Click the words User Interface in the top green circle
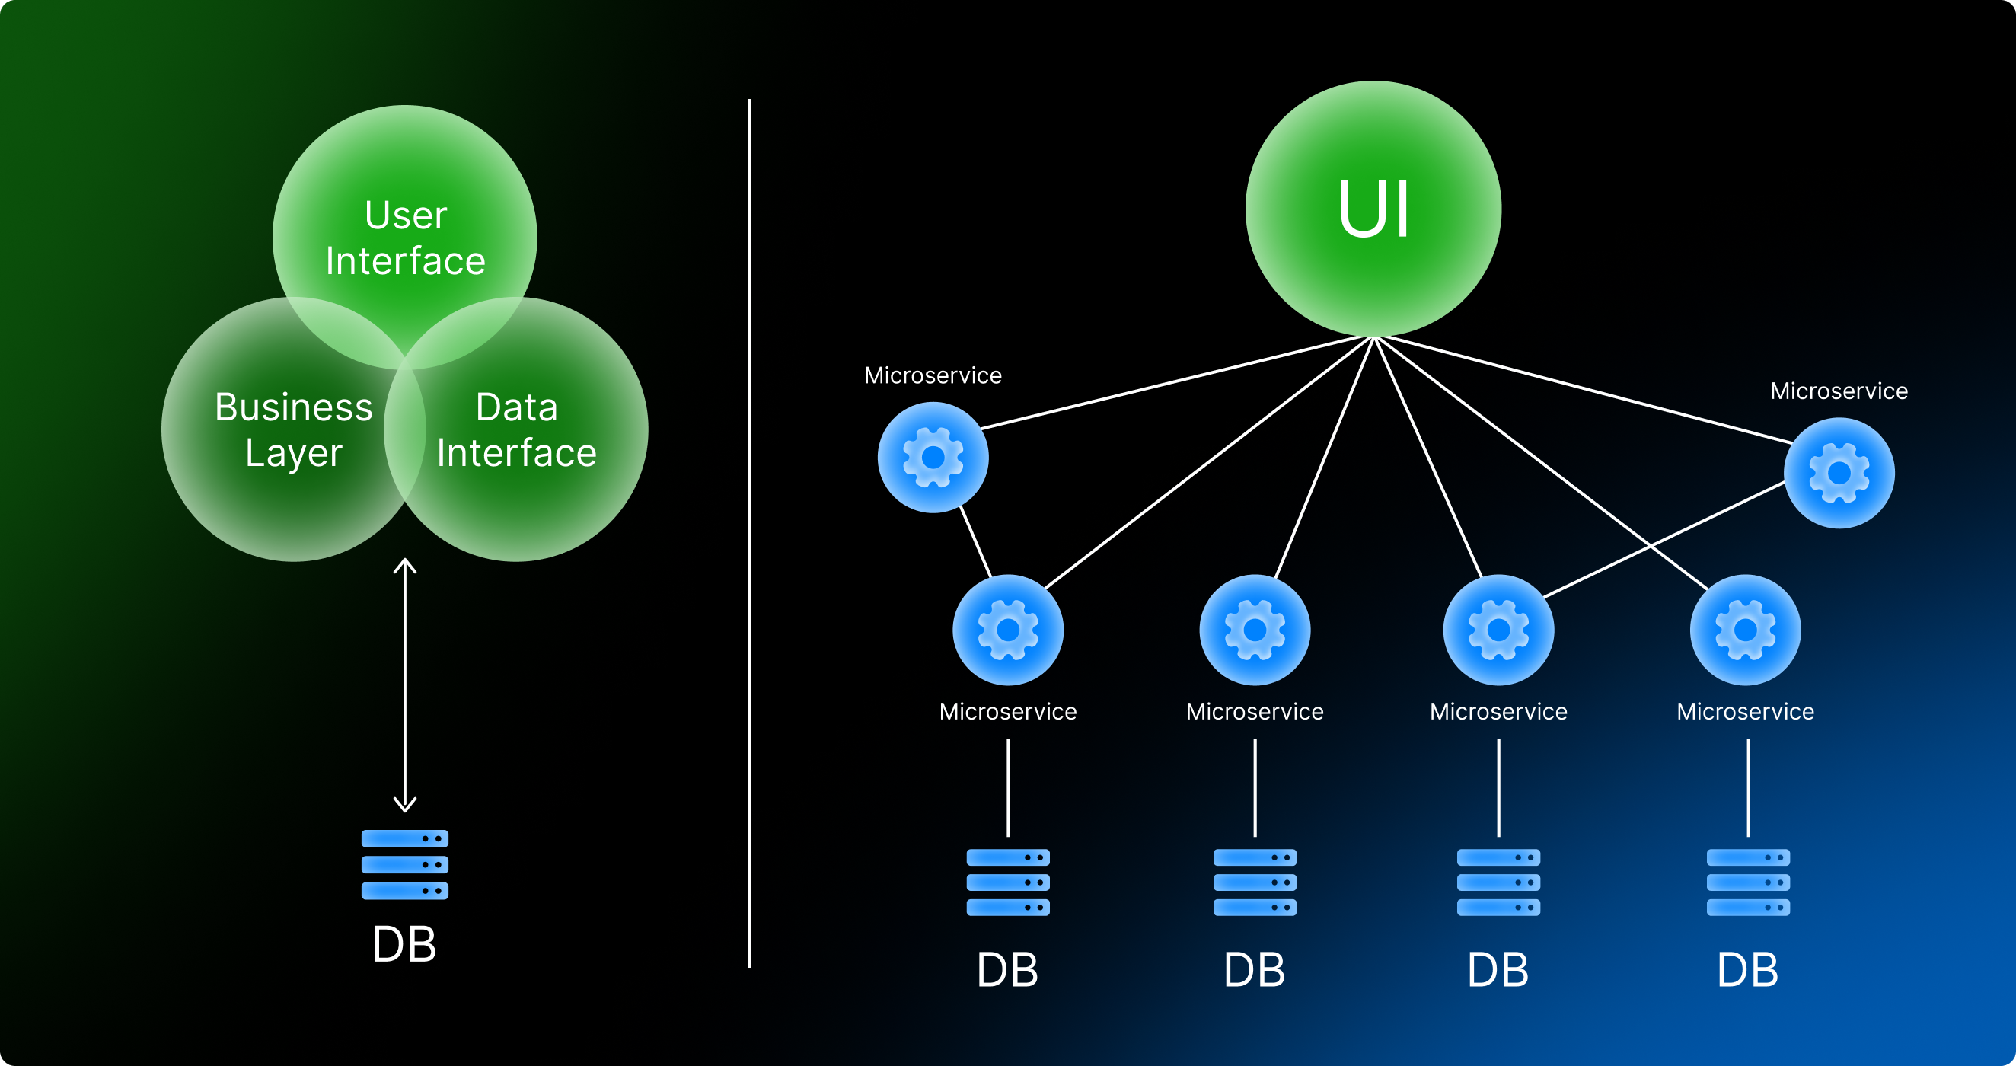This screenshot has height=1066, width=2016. [405, 238]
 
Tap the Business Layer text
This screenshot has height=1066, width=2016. [293, 429]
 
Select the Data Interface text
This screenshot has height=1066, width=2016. [516, 429]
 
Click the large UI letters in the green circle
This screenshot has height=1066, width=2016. [1373, 209]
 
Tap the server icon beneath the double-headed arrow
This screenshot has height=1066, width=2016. [404, 864]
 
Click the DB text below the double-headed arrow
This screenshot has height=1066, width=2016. [404, 944]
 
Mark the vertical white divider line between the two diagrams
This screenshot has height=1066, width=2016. [749, 533]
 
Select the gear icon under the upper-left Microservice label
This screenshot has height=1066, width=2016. [933, 457]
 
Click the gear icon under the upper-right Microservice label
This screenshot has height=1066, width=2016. [1839, 473]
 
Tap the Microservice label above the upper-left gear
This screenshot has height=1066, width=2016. [933, 375]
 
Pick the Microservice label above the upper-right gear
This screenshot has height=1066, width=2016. [1839, 391]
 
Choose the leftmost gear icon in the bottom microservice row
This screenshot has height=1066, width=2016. [1008, 630]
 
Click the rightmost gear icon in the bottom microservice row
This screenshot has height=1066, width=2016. [1745, 630]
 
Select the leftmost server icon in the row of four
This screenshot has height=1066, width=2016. [1008, 882]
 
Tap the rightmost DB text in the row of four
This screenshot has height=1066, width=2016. [1747, 971]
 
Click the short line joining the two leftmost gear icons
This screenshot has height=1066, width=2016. [975, 541]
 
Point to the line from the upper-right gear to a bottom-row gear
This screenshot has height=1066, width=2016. [1664, 540]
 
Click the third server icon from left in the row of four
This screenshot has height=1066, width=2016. [1499, 882]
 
